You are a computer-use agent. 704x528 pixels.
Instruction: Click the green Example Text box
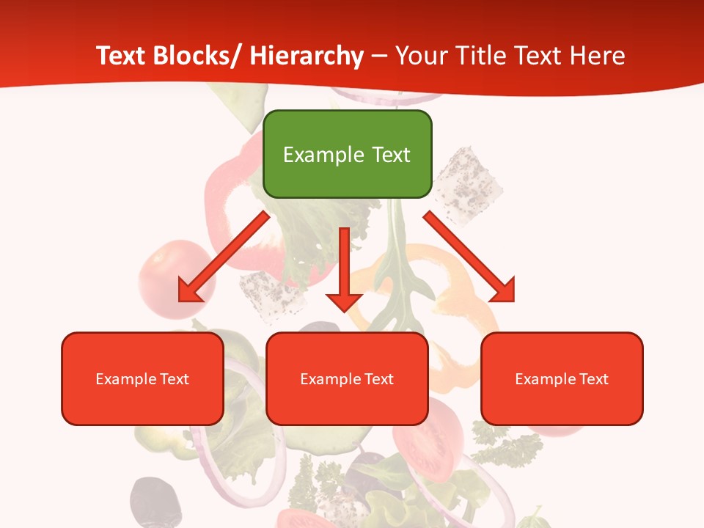pos(347,154)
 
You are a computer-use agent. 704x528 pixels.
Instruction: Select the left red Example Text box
pos(142,378)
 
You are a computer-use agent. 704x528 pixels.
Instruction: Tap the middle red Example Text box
pos(347,378)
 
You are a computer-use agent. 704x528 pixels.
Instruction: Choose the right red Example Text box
pos(562,378)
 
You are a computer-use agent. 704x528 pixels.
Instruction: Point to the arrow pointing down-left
pos(224,257)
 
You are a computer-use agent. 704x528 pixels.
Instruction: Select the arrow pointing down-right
pos(469,257)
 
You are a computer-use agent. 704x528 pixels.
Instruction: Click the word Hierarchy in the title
pos(307,56)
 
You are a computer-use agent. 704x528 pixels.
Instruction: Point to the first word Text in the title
pos(121,56)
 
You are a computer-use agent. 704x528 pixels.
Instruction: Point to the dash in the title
pos(379,56)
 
